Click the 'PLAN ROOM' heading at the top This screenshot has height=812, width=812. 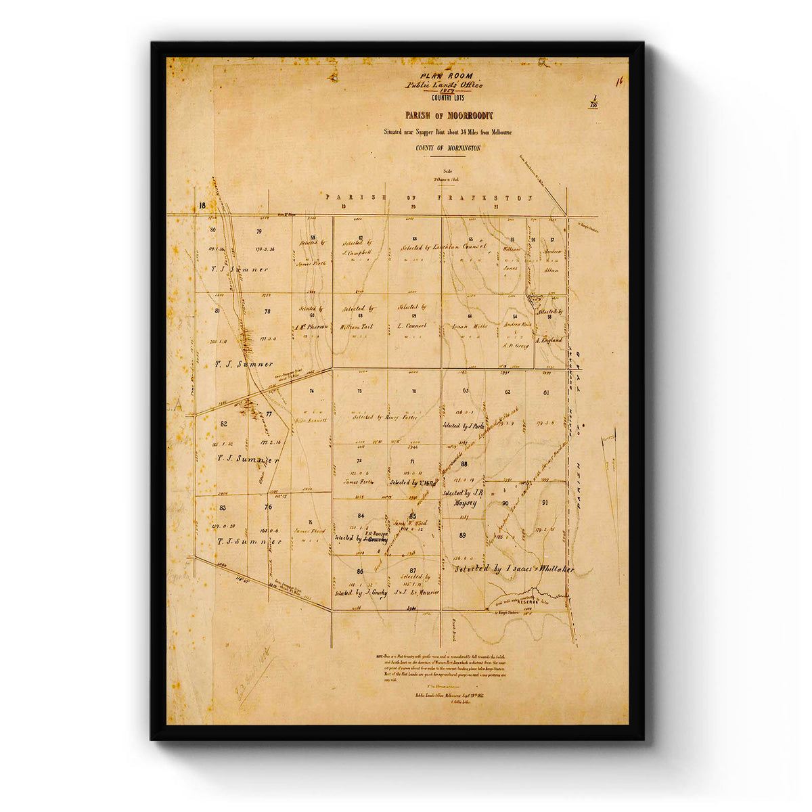tap(446, 76)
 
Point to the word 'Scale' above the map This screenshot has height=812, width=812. tap(446, 171)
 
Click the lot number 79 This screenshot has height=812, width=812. tap(259, 231)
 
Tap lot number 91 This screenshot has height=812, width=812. tap(545, 503)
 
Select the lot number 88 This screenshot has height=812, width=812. tap(464, 464)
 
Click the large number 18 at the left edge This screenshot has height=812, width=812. tap(202, 206)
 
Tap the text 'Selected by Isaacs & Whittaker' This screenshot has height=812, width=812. tap(514, 570)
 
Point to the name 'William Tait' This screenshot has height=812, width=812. tap(357, 326)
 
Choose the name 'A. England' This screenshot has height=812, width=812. tap(549, 340)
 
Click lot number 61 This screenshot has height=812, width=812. tap(545, 392)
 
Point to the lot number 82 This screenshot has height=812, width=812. tap(224, 424)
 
